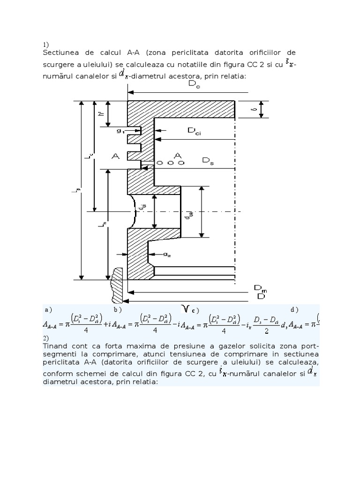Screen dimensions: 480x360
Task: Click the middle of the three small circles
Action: coord(171,163)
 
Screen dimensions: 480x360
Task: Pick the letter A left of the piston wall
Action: coord(114,157)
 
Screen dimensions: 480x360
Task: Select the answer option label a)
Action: coord(47,310)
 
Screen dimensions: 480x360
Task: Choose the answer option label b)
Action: coord(117,310)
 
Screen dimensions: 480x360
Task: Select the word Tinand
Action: coord(55,345)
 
